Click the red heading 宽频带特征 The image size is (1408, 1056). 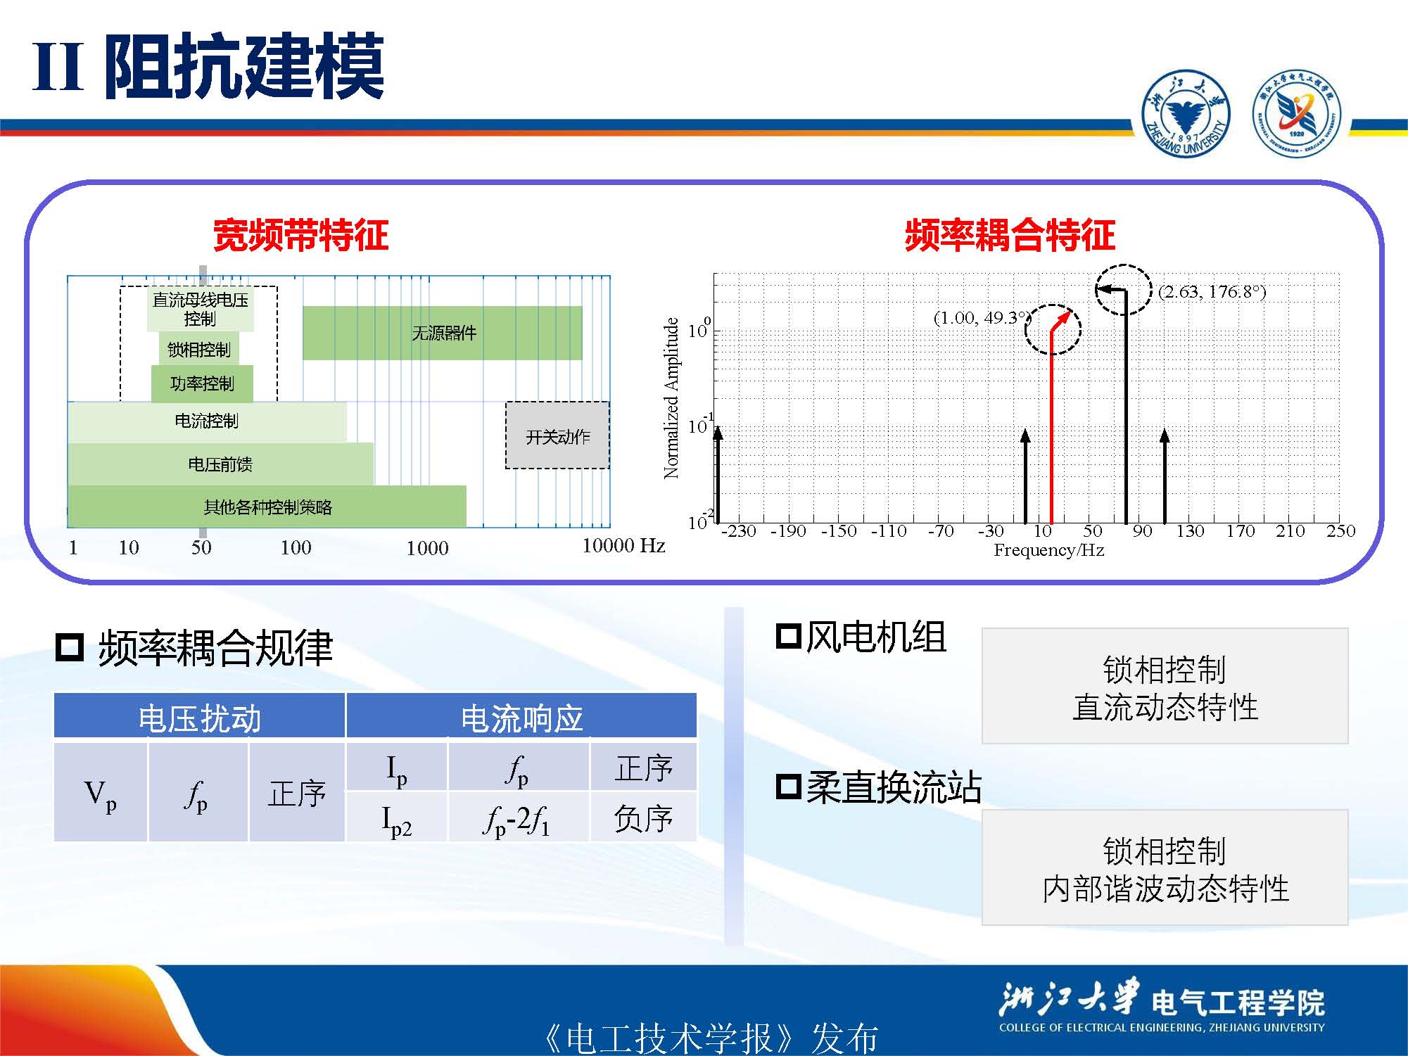click(300, 235)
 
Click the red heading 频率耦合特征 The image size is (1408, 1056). click(1010, 235)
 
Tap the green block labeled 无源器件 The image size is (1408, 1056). click(443, 333)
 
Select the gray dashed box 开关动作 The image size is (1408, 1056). click(557, 435)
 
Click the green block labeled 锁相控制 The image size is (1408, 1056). click(199, 349)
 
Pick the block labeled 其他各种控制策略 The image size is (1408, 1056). click(267, 507)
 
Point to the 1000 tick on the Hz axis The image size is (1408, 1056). click(427, 548)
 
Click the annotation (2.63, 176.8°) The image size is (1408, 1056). click(1212, 292)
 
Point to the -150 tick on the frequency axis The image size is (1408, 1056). click(839, 530)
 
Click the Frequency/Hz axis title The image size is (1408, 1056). click(1048, 550)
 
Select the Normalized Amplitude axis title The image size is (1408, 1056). click(671, 398)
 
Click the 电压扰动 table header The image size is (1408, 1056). click(200, 717)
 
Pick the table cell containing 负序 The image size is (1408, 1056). click(643, 818)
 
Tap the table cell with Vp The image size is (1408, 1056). click(101, 793)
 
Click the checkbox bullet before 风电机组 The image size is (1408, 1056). click(788, 636)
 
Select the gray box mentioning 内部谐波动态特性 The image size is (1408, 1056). click(1165, 867)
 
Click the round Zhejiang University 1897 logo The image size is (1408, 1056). click(1186, 114)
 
